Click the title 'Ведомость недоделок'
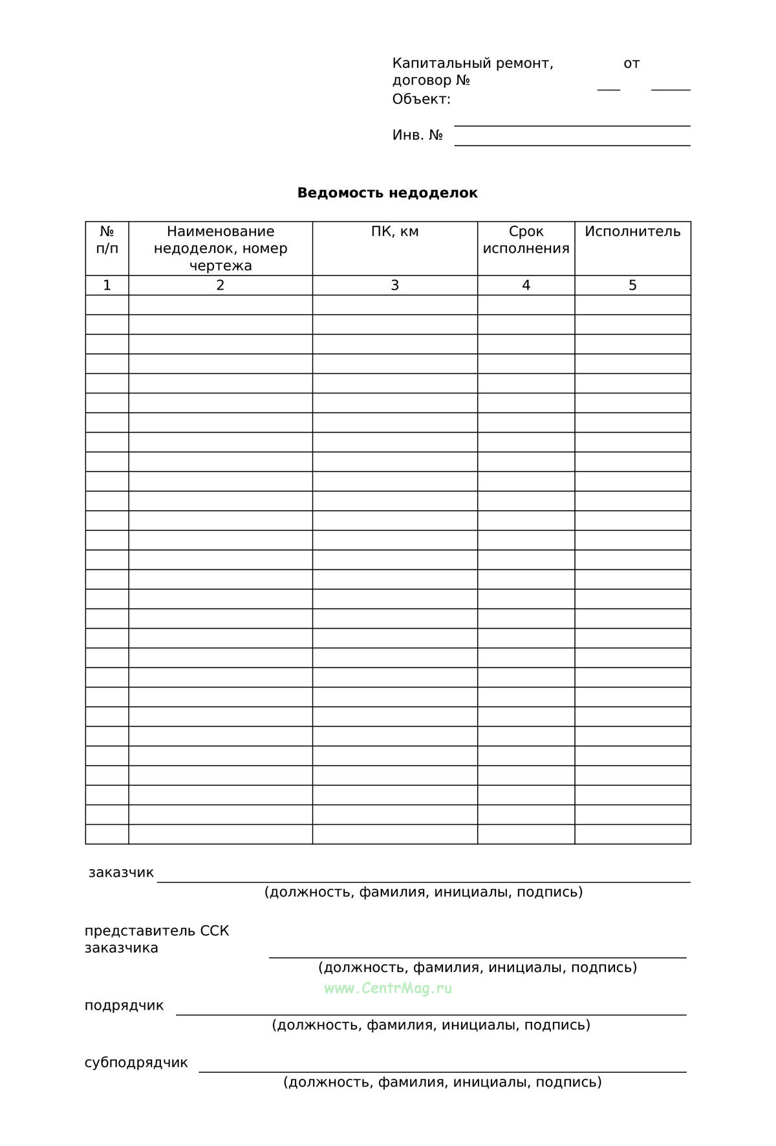[x=387, y=193]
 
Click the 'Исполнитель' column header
[x=632, y=232]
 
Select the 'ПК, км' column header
[x=394, y=232]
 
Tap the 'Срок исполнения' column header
[x=526, y=240]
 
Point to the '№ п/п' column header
[x=107, y=240]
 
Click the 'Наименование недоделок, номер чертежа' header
[x=221, y=248]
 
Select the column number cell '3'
[x=394, y=285]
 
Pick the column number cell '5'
[x=632, y=285]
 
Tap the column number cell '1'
[x=107, y=285]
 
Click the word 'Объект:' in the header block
[x=421, y=100]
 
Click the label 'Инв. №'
[x=417, y=135]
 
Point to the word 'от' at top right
[x=631, y=63]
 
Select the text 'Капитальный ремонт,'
[x=473, y=63]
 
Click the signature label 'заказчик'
[x=121, y=872]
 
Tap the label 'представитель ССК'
[x=156, y=931]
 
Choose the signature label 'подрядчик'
[x=124, y=1006]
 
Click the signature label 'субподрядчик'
[x=136, y=1063]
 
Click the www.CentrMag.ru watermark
[x=388, y=988]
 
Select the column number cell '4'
[x=526, y=285]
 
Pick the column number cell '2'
[x=221, y=285]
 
